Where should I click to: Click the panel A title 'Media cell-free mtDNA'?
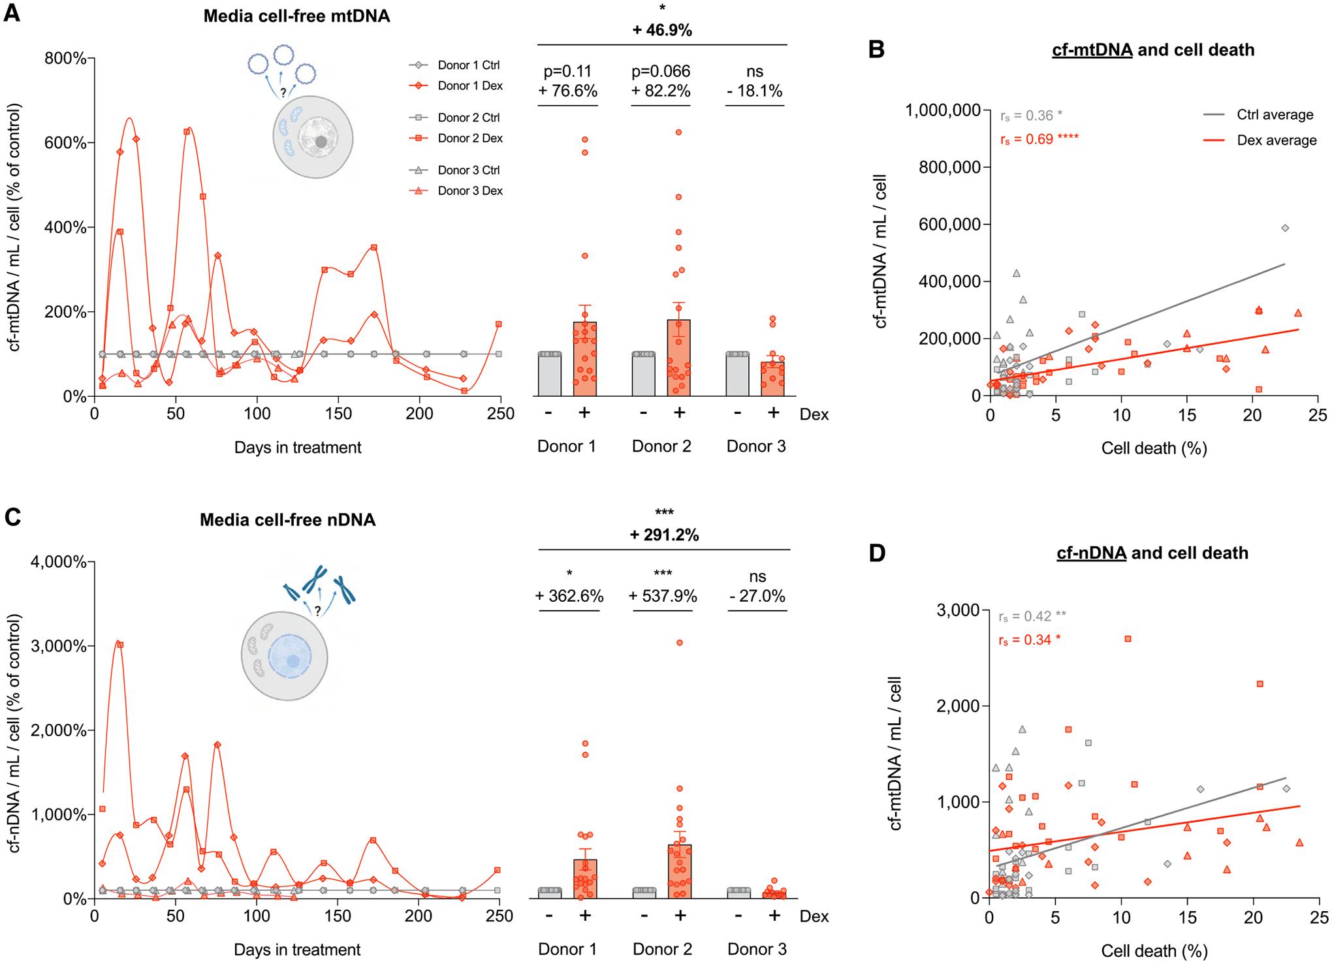coord(296,16)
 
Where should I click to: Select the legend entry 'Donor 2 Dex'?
coord(469,138)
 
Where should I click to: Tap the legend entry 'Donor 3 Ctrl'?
coord(468,170)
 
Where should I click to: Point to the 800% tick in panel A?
coord(65,59)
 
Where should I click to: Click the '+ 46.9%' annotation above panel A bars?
coord(662,30)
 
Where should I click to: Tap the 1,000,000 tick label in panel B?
coord(943,111)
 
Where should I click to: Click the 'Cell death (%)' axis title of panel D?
coord(1154,951)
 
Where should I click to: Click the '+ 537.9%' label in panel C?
coord(663,597)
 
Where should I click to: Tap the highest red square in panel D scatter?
coord(1128,639)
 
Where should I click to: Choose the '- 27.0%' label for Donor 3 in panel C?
coord(757,597)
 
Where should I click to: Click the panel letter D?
coord(877,553)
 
